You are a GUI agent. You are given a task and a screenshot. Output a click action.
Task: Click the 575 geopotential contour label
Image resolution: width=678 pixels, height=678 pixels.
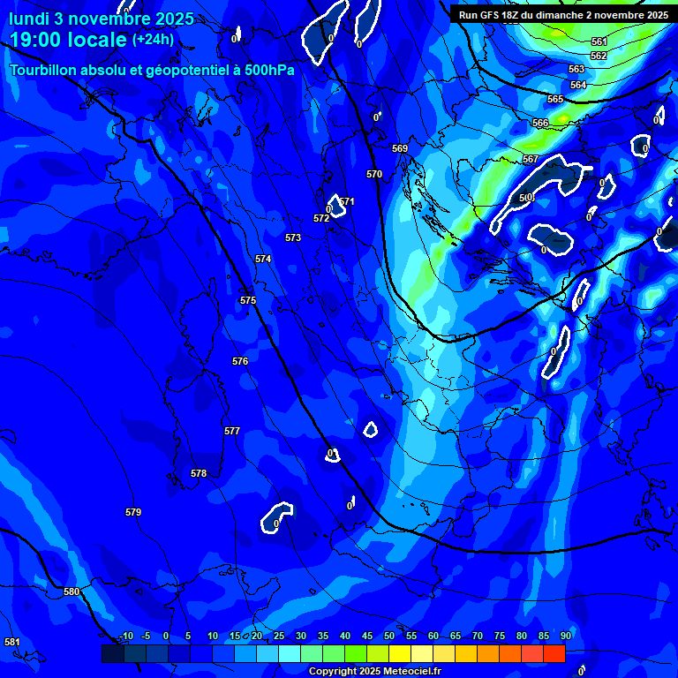tap(248, 301)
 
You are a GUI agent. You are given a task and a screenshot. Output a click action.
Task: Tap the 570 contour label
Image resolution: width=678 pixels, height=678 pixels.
tap(374, 175)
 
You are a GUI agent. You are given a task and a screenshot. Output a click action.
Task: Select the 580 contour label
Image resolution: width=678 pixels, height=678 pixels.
tap(72, 592)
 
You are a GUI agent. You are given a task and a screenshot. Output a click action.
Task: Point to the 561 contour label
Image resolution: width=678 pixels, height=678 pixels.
tap(599, 42)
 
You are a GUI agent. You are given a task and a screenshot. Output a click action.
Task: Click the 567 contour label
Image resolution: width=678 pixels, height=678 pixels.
tap(531, 160)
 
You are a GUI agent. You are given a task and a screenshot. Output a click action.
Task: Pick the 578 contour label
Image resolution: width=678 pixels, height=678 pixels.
tap(199, 474)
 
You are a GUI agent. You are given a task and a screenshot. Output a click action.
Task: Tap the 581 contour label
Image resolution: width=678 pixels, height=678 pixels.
tap(12, 642)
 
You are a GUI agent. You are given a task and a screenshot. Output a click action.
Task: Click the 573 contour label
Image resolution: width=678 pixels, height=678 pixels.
tap(293, 237)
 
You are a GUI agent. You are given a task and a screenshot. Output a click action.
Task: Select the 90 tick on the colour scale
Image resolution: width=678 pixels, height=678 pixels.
tap(565, 637)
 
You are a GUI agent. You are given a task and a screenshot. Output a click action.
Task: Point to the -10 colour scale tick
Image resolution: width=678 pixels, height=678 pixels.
tap(125, 637)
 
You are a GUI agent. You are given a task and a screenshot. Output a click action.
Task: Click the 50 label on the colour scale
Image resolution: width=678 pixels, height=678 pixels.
tap(389, 637)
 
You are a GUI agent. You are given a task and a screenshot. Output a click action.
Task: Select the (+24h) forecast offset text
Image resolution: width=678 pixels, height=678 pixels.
tap(153, 40)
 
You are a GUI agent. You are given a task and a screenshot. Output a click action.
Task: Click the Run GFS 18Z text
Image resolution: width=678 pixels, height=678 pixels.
tap(490, 15)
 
